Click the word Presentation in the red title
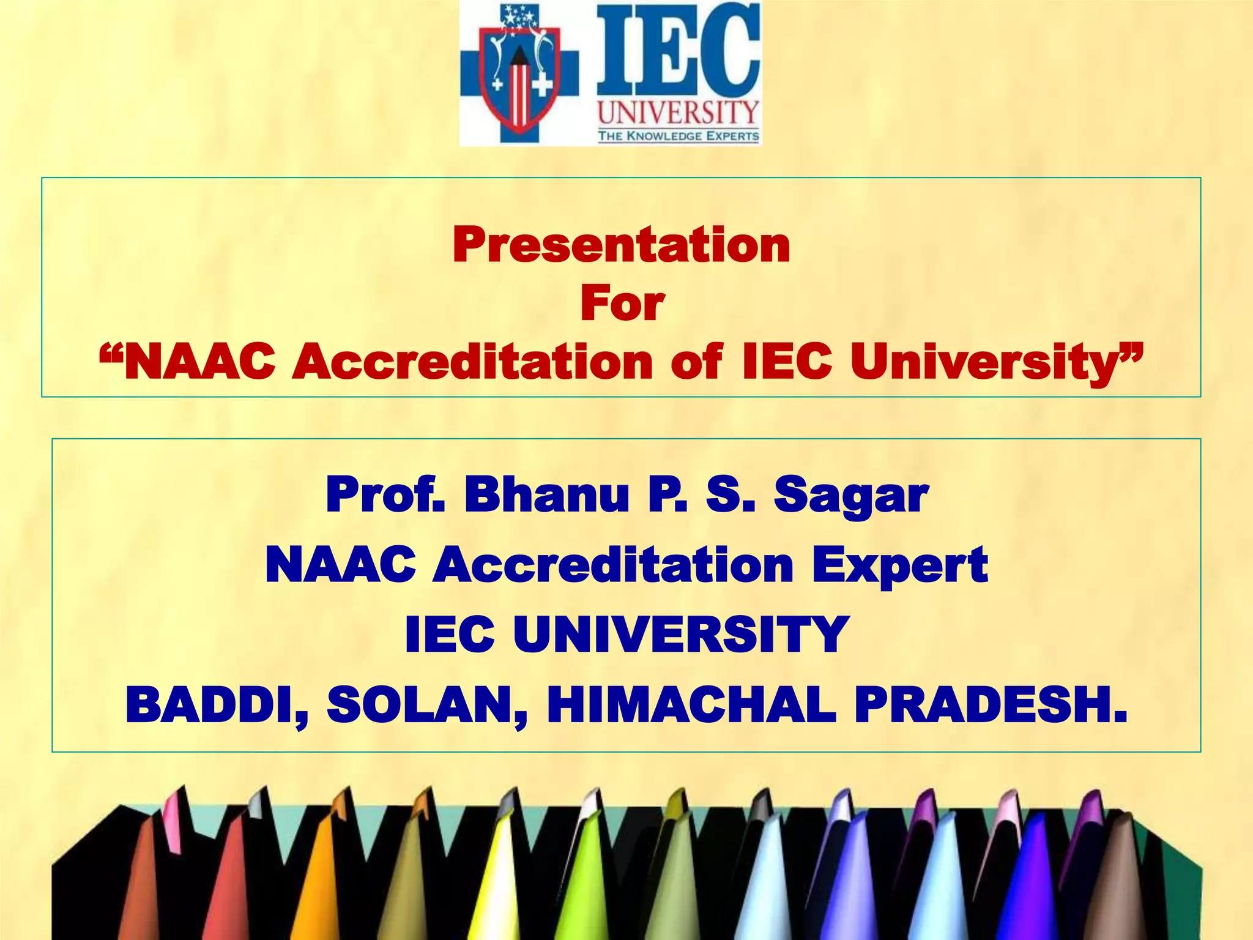[622, 245]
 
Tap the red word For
[622, 304]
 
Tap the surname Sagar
[851, 497]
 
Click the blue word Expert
[900, 566]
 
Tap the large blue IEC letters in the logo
[679, 49]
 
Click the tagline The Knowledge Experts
[678, 136]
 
